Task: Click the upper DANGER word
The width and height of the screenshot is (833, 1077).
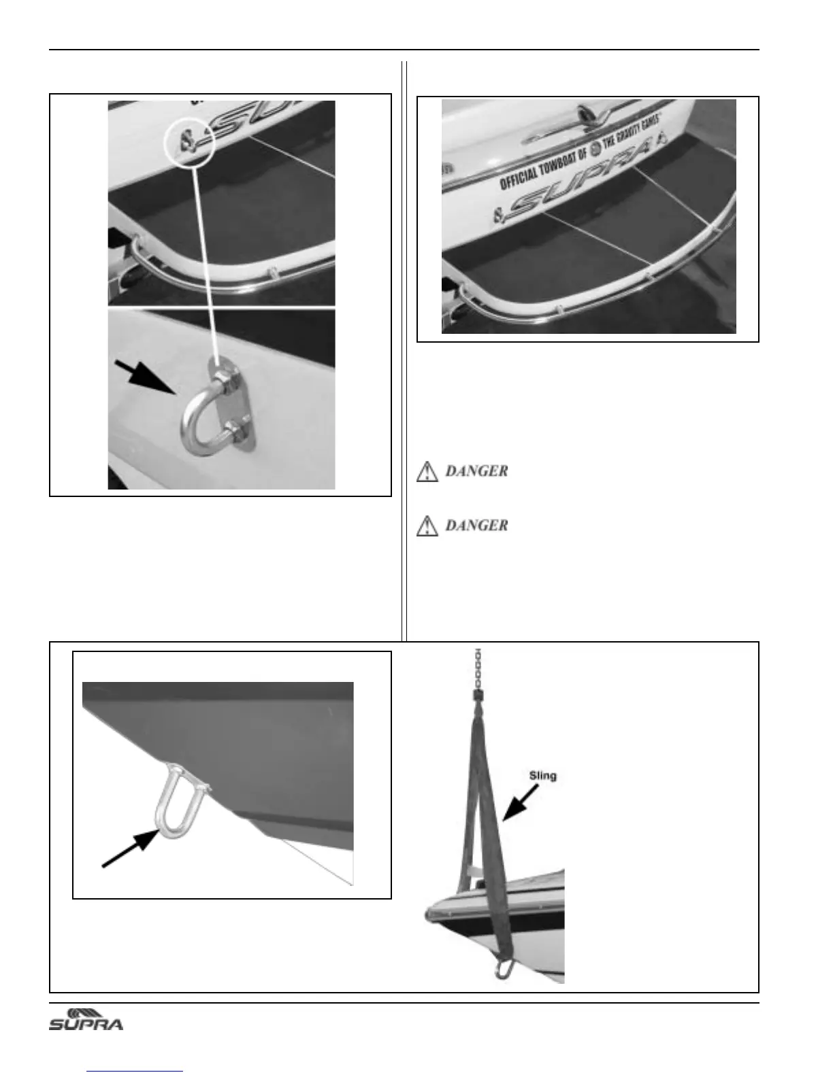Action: [476, 471]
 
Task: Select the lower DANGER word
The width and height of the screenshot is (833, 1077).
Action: [476, 525]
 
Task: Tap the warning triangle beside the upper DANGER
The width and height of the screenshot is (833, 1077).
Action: [427, 471]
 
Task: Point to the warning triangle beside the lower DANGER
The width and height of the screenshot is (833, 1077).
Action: [427, 526]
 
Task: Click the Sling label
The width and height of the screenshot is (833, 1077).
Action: [542, 774]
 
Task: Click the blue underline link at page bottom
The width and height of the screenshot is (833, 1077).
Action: [135, 1071]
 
